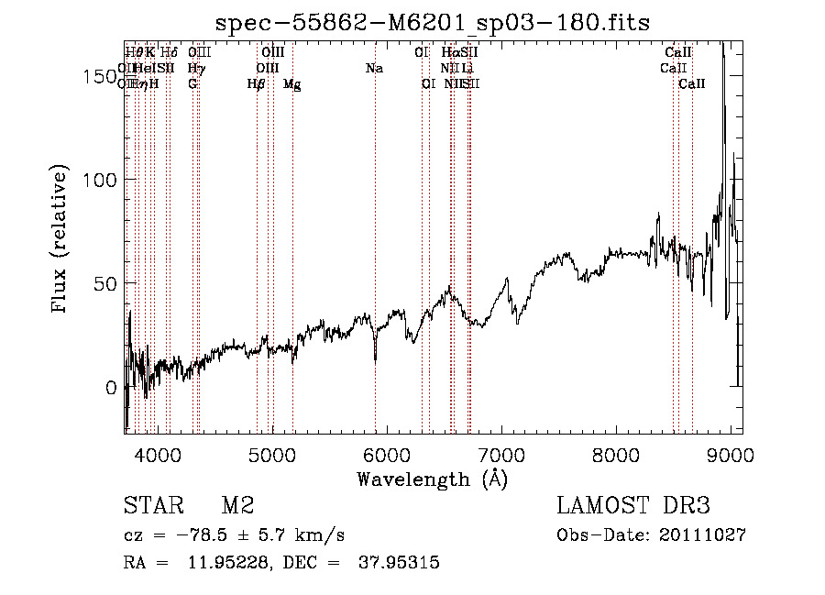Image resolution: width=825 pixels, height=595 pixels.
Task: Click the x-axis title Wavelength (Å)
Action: click(432, 479)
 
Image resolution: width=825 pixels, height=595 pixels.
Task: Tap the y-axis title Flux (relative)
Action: click(60, 239)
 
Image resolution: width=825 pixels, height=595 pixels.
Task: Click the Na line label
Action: click(374, 69)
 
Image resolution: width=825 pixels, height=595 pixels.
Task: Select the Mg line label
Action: click(291, 84)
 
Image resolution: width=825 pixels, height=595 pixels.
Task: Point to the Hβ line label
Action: click(256, 84)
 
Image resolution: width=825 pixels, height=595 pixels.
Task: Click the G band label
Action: click(192, 84)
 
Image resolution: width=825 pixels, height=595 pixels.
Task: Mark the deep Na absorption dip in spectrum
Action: click(375, 358)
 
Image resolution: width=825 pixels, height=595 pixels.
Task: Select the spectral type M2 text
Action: click(237, 506)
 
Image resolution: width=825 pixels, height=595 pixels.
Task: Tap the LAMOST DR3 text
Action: click(633, 506)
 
